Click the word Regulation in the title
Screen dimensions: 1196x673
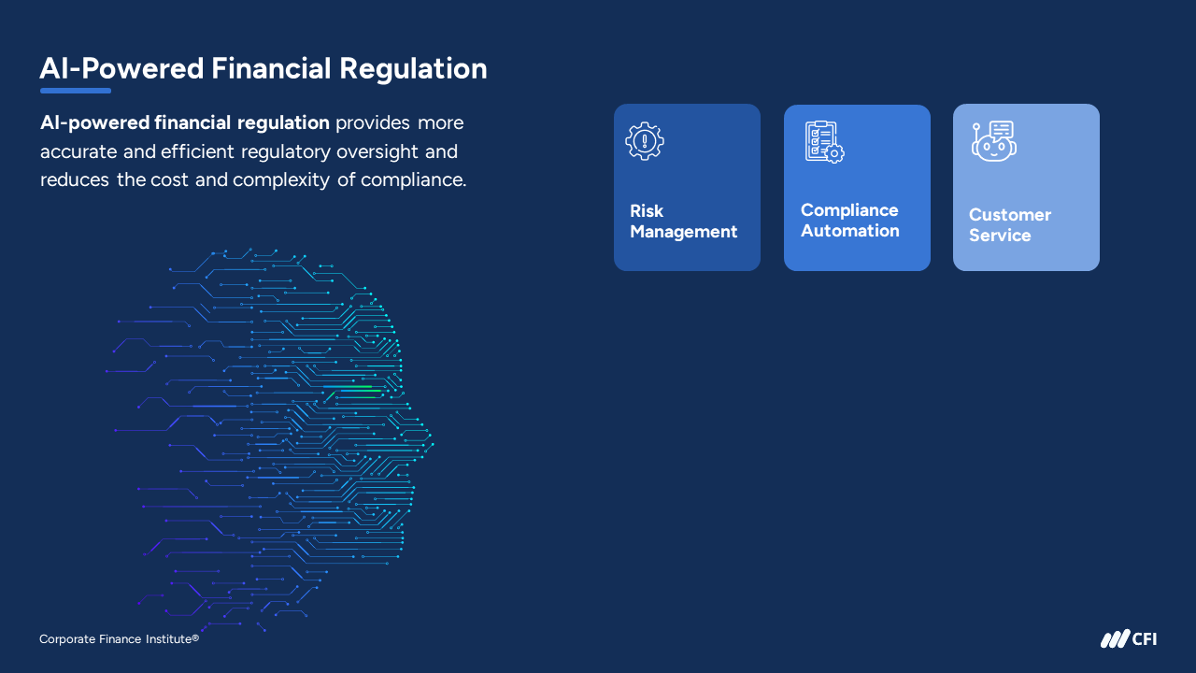pyautogui.click(x=413, y=70)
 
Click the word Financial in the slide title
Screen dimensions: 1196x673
pyautogui.click(x=271, y=69)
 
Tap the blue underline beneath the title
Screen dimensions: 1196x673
pyautogui.click(x=76, y=91)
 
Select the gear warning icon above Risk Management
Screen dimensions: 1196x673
pyautogui.click(x=645, y=141)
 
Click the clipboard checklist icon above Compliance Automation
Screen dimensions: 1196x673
pyautogui.click(x=824, y=141)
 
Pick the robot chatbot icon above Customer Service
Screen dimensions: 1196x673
pyautogui.click(x=993, y=141)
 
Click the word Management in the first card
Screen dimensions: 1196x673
pyautogui.click(x=683, y=233)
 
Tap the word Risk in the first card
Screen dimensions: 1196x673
pyautogui.click(x=647, y=211)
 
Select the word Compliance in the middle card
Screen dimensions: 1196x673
pyautogui.click(x=849, y=210)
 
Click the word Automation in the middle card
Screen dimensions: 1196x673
pyautogui.click(x=850, y=231)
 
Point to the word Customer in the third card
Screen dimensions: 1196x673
pyautogui.click(x=1010, y=215)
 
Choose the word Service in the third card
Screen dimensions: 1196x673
pyautogui.click(x=1000, y=236)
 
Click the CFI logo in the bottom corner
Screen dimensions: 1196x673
pyautogui.click(x=1129, y=638)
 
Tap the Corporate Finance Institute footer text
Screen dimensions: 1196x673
pyautogui.click(x=119, y=638)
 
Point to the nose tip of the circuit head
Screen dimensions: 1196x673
pyautogui.click(x=432, y=443)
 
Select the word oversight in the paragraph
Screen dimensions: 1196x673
pyautogui.click(x=377, y=152)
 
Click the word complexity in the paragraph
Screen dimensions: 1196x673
pyautogui.click(x=281, y=180)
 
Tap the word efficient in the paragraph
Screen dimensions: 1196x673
pyautogui.click(x=197, y=151)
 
